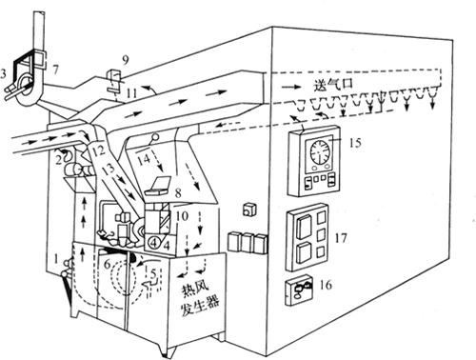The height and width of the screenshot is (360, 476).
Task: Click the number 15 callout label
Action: (x=355, y=143)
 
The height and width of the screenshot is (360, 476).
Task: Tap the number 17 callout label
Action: (x=341, y=237)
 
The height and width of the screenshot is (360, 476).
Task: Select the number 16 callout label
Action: (x=326, y=285)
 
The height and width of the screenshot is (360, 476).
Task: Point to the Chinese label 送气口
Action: (x=333, y=84)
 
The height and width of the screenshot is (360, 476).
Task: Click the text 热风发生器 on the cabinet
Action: (x=198, y=299)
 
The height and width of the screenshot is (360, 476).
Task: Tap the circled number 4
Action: (x=154, y=243)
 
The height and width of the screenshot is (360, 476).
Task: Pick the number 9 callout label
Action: (x=126, y=60)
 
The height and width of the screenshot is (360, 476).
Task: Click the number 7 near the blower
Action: (x=55, y=70)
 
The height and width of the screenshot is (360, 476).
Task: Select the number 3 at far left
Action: (x=3, y=73)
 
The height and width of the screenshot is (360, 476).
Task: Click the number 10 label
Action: (x=182, y=216)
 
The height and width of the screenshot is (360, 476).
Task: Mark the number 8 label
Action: (x=178, y=192)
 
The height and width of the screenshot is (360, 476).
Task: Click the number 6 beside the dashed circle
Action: (x=107, y=263)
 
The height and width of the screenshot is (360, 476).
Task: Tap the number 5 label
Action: (x=153, y=272)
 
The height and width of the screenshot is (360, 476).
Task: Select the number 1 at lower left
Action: (x=56, y=259)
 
